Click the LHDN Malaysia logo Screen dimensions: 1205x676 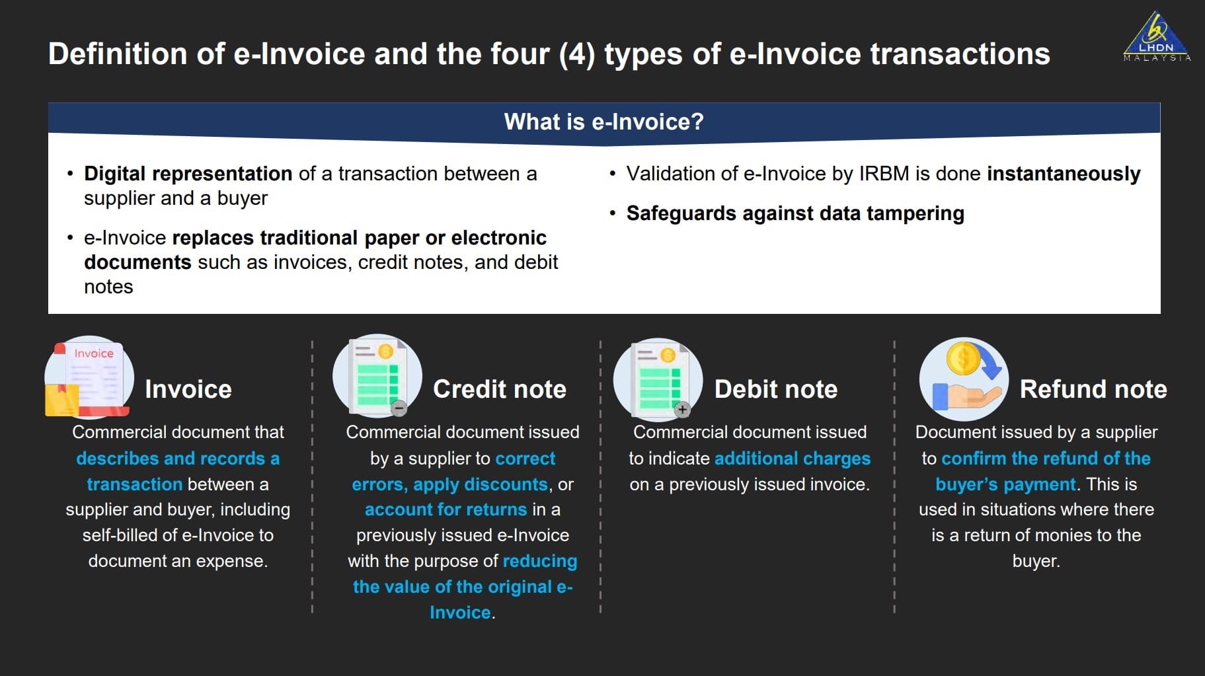(x=1157, y=36)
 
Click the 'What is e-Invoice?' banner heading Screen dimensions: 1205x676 (x=604, y=122)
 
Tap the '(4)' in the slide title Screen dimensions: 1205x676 (x=577, y=54)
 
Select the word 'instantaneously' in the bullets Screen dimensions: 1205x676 (x=1064, y=174)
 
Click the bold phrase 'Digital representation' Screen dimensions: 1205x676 (x=188, y=174)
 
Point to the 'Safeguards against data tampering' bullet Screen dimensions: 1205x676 (x=795, y=213)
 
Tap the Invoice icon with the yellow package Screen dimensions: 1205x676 (x=89, y=378)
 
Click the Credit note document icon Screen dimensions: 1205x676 (x=377, y=376)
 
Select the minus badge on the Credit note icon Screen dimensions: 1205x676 (x=399, y=408)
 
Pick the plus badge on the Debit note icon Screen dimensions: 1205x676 (x=682, y=410)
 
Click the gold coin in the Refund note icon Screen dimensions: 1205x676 (x=964, y=359)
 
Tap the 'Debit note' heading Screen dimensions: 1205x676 (x=776, y=389)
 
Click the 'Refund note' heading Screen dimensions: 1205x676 (x=1093, y=389)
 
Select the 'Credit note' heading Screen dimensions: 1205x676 (x=500, y=389)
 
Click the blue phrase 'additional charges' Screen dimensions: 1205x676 (x=793, y=459)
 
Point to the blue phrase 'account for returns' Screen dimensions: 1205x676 (x=446, y=509)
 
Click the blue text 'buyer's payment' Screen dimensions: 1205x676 (x=1005, y=484)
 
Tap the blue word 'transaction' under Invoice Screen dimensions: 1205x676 (x=135, y=484)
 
